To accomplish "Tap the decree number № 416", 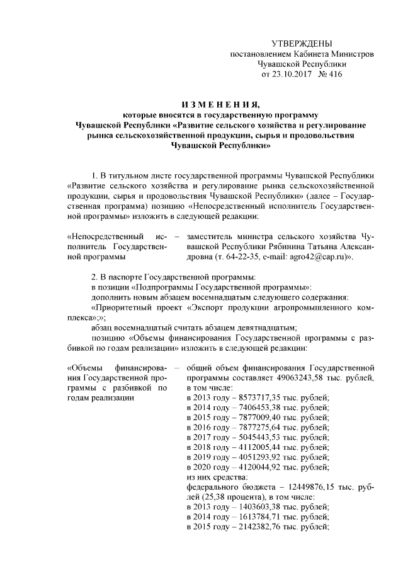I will tap(331, 74).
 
